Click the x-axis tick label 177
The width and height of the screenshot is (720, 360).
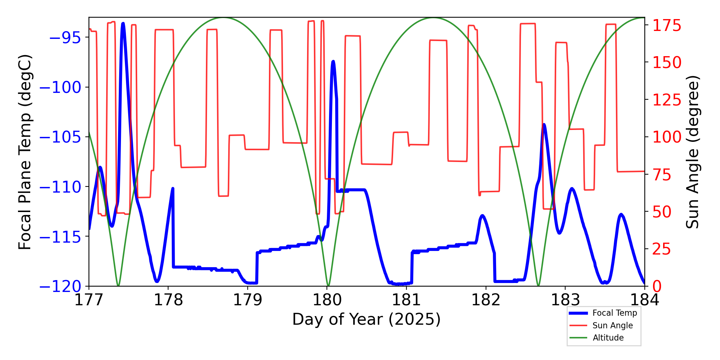pyautogui.click(x=89, y=300)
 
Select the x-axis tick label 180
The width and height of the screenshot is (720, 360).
pyautogui.click(x=327, y=300)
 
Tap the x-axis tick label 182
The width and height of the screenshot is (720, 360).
pyautogui.click(x=486, y=300)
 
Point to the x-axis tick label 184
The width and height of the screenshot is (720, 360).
pyautogui.click(x=644, y=300)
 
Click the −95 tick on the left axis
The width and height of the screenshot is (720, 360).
pyautogui.click(x=65, y=37)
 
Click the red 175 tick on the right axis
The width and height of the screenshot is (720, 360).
pyautogui.click(x=667, y=26)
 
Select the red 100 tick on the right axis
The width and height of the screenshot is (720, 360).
pyautogui.click(x=667, y=137)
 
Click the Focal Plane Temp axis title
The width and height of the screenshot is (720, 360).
pyautogui.click(x=25, y=152)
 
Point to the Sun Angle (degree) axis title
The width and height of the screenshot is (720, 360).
pyautogui.click(x=692, y=152)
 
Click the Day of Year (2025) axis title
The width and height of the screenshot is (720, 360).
pyautogui.click(x=366, y=319)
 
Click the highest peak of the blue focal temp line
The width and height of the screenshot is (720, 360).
pyautogui.click(x=123, y=23)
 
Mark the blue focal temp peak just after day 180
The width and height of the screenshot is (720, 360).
pyautogui.click(x=333, y=62)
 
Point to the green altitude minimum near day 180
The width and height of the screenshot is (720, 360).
pyautogui.click(x=328, y=285)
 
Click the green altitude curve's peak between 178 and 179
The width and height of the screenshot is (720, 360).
pyautogui.click(x=223, y=18)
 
